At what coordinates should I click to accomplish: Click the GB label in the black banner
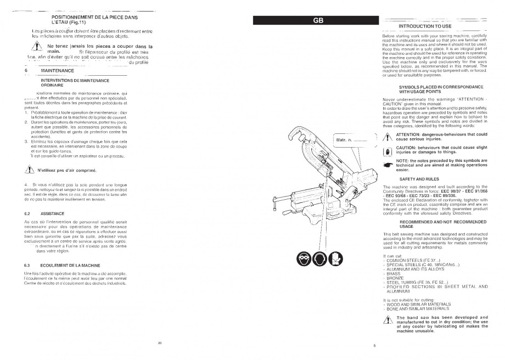(x=318, y=21)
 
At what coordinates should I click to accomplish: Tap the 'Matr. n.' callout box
(x=350, y=142)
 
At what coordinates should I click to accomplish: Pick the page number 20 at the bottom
(x=159, y=342)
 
